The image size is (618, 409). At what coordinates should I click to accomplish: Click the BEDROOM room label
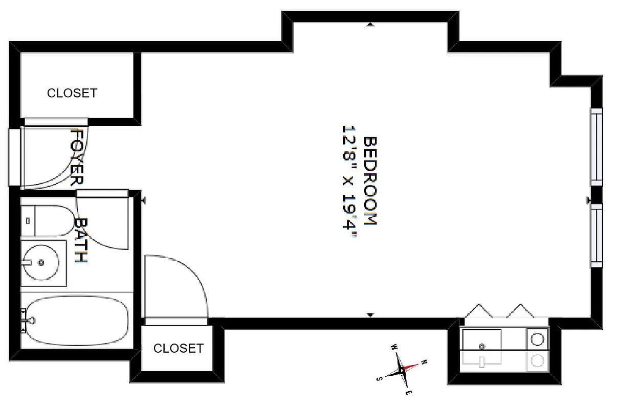[x=369, y=181]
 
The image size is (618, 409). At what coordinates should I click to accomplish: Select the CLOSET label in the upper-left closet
[x=72, y=93]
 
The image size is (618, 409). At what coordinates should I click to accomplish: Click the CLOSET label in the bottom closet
[x=179, y=348]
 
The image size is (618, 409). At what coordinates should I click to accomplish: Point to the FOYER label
[x=76, y=157]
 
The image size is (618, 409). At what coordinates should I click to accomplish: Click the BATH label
[x=81, y=240]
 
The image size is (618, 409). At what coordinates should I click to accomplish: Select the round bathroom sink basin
[x=41, y=263]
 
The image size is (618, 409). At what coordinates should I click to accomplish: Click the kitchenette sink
[x=481, y=346]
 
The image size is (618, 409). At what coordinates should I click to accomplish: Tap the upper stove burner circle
[x=537, y=339]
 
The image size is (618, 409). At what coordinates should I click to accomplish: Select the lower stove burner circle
[x=537, y=361]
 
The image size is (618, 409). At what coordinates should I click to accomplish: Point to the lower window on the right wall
[x=597, y=235]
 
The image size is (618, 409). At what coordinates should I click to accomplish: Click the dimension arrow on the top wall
[x=370, y=24]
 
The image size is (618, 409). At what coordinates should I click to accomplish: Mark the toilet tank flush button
[x=28, y=220]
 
